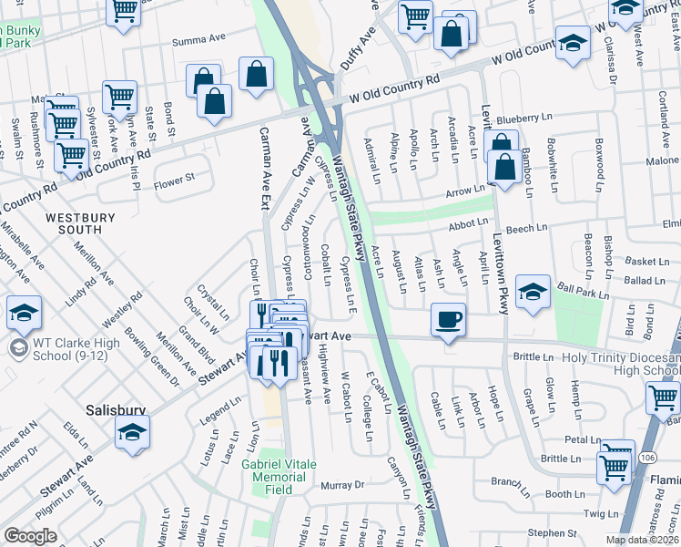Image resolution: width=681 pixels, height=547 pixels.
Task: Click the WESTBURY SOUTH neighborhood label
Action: tap(80, 225)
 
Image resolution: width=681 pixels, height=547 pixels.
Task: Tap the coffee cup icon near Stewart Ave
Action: tap(447, 321)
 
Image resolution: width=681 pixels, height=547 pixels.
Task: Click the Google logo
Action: tap(30, 536)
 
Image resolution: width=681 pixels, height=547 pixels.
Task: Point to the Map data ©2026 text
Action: tap(642, 540)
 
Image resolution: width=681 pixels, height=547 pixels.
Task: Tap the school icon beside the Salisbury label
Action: tap(132, 432)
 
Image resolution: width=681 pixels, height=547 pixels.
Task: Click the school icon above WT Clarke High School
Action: tap(25, 315)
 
